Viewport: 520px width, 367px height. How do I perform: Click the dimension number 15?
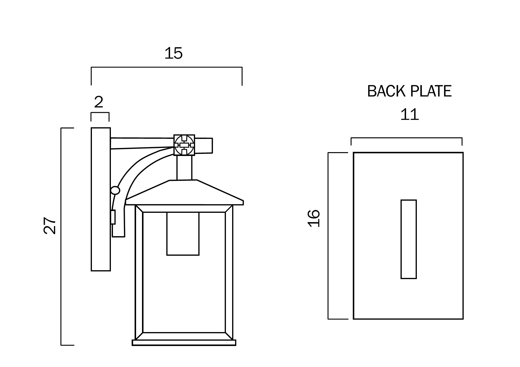coord(173,54)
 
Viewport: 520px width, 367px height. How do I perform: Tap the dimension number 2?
coord(99,102)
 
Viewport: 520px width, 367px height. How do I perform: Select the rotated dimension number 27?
coord(50,226)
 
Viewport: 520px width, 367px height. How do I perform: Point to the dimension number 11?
coord(409,115)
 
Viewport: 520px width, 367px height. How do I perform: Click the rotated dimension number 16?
coord(314,218)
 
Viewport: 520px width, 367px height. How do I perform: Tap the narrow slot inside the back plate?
coord(409,239)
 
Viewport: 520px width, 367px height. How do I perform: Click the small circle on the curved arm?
coord(115,190)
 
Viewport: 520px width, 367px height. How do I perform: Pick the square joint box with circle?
coord(184,145)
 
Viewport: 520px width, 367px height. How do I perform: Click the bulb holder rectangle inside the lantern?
coord(183,234)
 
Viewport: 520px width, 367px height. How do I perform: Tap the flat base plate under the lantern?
coord(184,343)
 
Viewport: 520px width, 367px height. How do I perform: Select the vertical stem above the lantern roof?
coord(184,168)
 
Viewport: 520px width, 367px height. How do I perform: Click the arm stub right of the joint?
coord(204,146)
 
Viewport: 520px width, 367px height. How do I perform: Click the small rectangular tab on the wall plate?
coord(113,217)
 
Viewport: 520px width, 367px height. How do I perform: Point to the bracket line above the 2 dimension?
coord(100,113)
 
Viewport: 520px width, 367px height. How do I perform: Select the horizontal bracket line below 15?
coord(166,67)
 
